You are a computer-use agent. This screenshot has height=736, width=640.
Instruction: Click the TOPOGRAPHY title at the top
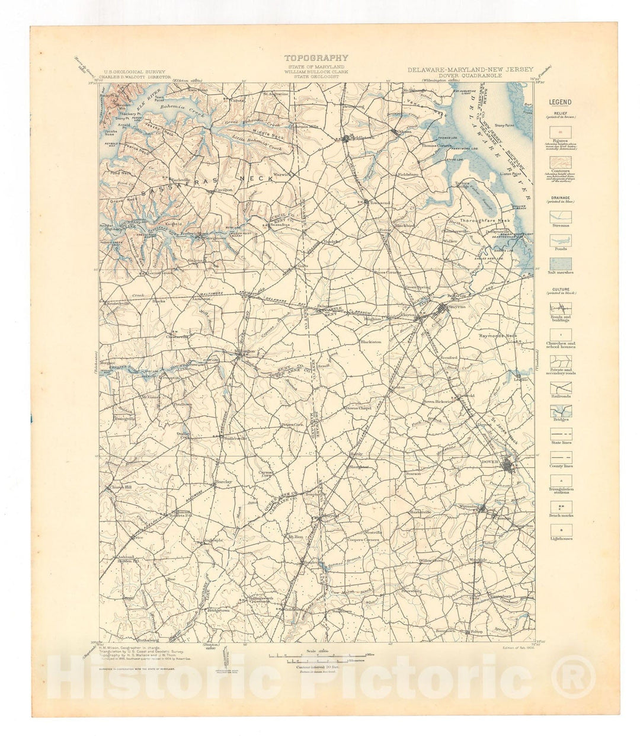click(316, 58)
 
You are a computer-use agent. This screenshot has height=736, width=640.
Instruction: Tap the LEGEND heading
click(560, 102)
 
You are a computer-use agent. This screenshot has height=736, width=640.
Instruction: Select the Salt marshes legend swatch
click(560, 262)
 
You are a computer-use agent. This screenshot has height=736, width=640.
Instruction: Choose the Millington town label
click(245, 351)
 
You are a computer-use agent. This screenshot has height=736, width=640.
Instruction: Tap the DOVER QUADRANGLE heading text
click(471, 76)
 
